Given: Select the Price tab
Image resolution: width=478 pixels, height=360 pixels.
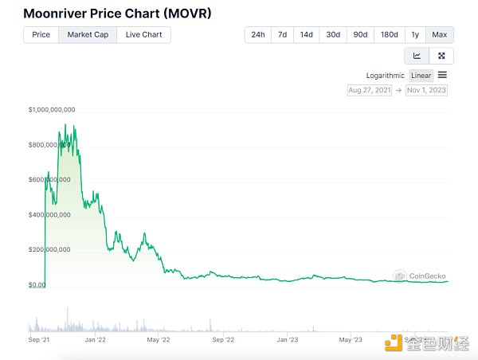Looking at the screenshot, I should [x=41, y=34].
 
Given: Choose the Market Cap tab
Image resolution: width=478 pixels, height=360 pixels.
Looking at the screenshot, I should [x=88, y=34].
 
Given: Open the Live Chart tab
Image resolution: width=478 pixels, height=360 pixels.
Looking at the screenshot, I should [x=143, y=34].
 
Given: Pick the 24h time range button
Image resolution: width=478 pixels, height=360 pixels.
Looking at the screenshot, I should [x=257, y=34].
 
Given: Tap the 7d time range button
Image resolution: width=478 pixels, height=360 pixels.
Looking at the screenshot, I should [x=282, y=34].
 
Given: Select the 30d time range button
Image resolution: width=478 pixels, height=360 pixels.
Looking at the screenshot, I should [x=333, y=34].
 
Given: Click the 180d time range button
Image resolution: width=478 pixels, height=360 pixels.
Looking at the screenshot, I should [x=389, y=34].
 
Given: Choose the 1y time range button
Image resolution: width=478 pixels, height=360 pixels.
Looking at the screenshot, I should [x=415, y=34].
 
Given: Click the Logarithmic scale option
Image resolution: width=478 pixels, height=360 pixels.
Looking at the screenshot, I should [x=386, y=76].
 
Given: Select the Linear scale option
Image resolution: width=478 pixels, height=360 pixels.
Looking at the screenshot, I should [x=421, y=76].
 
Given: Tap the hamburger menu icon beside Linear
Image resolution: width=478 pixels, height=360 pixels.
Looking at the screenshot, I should [x=442, y=75].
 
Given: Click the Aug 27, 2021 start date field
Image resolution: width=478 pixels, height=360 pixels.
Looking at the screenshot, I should [x=369, y=90].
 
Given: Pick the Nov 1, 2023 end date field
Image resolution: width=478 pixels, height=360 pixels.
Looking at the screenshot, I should [x=426, y=90].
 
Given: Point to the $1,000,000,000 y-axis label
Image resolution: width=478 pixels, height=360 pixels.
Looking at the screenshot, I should [x=52, y=109].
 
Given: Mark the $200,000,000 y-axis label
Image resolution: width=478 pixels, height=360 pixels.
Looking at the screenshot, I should [x=49, y=249].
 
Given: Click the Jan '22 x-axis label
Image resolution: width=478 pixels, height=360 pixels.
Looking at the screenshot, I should [x=96, y=339].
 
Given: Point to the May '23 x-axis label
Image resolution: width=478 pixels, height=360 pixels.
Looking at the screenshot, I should [x=351, y=339].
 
